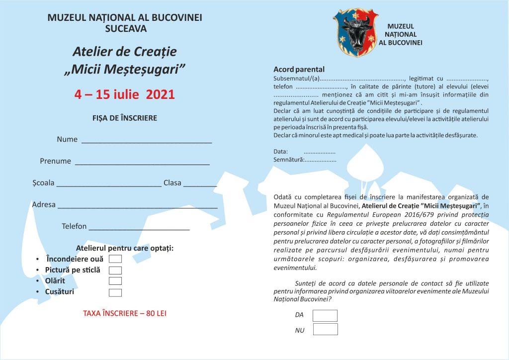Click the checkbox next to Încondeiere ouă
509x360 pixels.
coord(115,259)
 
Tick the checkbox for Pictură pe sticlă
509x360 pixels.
coord(115,270)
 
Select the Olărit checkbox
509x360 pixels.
coord(115,281)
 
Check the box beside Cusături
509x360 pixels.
coord(115,292)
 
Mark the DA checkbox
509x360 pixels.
coord(325,316)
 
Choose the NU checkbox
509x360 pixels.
coord(325,329)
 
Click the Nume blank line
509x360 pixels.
coord(147,141)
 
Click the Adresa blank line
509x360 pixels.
coord(138,206)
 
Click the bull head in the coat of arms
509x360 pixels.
coord(356,30)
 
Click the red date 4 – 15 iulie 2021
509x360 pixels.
coord(124,94)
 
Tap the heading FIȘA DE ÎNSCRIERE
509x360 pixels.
coord(125,118)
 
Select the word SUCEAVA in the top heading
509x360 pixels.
coord(126,29)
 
